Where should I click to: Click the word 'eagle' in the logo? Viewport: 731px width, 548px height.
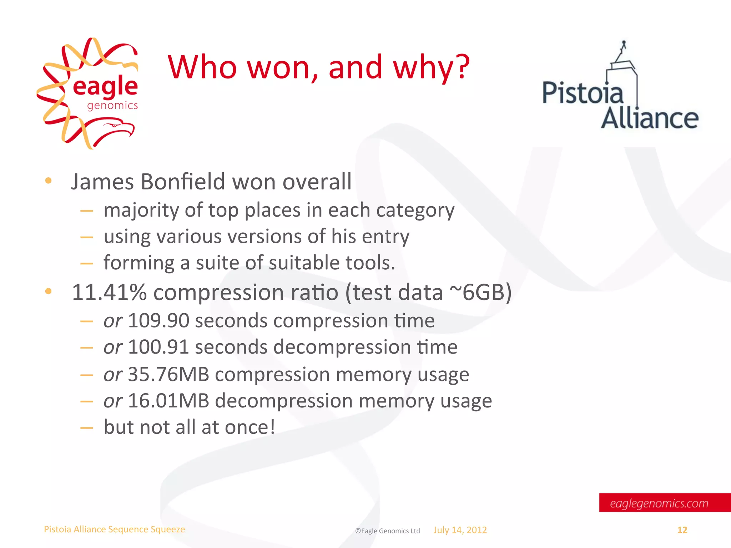tap(105, 86)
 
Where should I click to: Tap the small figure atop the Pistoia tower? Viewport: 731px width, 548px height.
tap(624, 46)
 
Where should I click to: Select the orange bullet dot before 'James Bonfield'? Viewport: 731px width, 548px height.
tap(49, 181)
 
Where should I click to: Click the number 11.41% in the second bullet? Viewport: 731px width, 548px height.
tap(109, 292)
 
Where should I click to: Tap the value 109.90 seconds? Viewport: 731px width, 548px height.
tap(158, 320)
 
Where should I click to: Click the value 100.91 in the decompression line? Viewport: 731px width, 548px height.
tap(158, 347)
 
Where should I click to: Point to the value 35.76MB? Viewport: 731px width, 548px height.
tap(168, 374)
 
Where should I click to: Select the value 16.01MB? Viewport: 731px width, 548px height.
tap(168, 401)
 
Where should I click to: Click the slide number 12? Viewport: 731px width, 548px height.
tap(682, 530)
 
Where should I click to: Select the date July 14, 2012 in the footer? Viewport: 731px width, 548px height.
tap(460, 530)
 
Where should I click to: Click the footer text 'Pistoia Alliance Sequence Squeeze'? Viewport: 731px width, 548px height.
tap(114, 529)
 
